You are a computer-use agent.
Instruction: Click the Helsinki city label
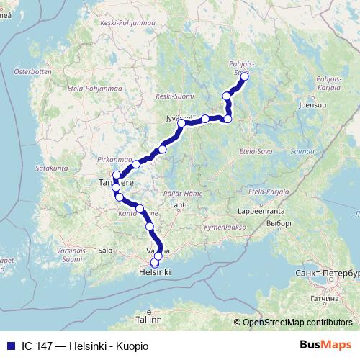pos(154,273)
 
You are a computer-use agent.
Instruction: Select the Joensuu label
pos(311,104)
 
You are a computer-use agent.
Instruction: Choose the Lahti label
pos(177,204)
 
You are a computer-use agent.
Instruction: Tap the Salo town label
pos(105,250)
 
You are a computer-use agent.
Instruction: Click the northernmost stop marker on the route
pos(244,76)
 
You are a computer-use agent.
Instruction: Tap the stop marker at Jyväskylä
pos(181,123)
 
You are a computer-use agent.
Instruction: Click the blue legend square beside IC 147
pos(9,346)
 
